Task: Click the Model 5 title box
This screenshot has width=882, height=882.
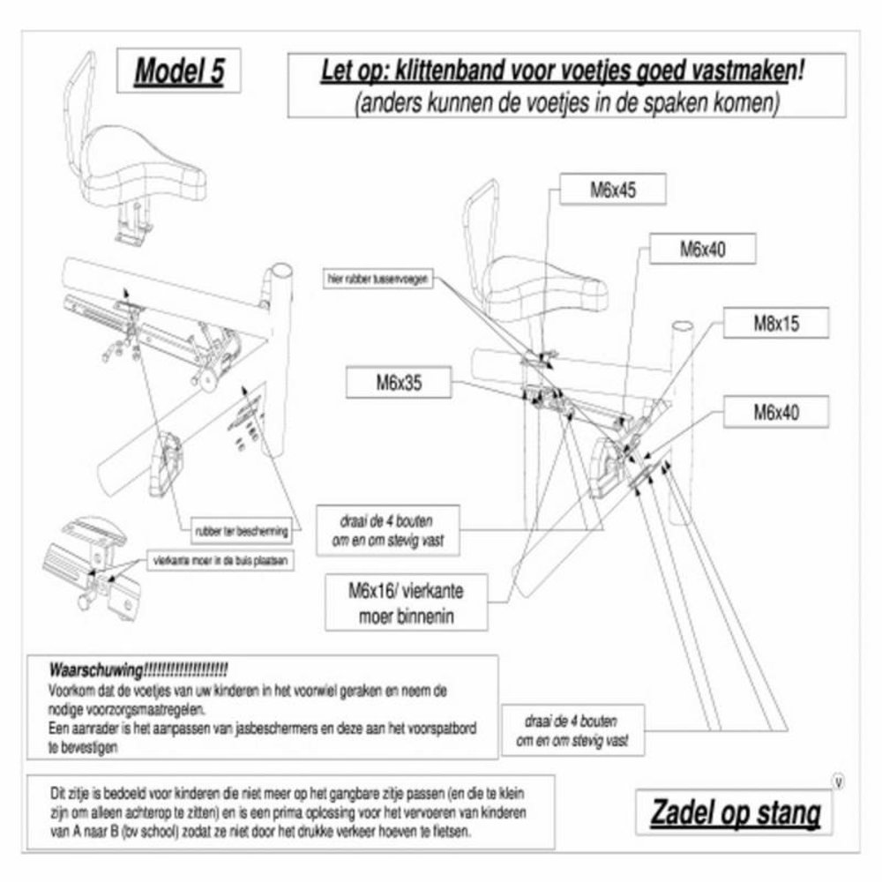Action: click(178, 73)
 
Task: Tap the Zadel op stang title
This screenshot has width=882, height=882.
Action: click(735, 812)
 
